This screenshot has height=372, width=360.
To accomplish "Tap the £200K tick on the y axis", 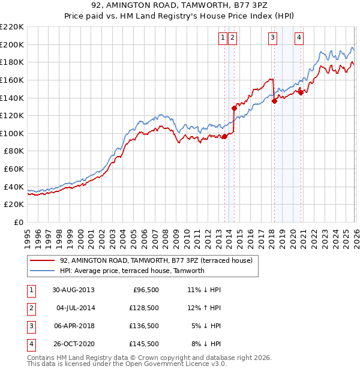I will tap(12, 44).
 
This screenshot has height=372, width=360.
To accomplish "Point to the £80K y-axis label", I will tap(14, 151).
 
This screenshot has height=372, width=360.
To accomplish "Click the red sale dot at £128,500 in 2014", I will tap(234, 108).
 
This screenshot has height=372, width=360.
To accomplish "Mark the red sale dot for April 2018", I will tap(274, 101).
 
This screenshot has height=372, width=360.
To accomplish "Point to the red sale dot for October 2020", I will tap(301, 92).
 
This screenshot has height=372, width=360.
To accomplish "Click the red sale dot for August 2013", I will tap(225, 136).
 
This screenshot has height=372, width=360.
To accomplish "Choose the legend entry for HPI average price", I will tap(132, 271).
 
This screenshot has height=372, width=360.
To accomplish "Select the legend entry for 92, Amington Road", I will tap(156, 260).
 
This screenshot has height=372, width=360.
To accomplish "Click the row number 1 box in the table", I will tap(31, 290).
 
